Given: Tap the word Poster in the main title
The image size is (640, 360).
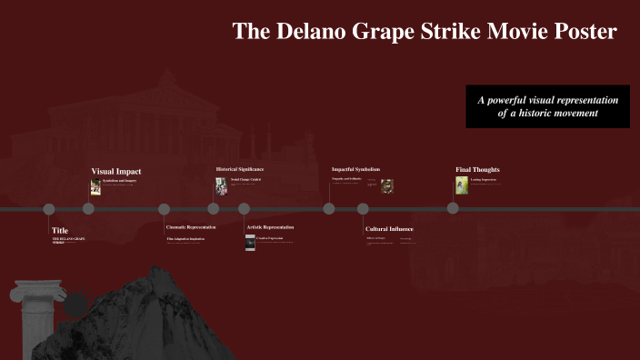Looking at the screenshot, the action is (584, 32).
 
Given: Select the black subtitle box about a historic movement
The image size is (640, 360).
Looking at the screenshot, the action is (547, 106).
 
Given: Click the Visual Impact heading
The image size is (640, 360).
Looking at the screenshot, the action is (116, 171).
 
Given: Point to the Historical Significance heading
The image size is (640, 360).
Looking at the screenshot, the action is (240, 169).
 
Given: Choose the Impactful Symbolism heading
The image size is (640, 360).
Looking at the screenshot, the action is (355, 169).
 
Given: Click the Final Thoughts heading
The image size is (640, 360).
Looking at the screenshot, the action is (477, 169).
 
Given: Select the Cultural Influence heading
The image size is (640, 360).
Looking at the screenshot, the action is (390, 229).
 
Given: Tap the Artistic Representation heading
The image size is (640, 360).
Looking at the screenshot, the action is (271, 226).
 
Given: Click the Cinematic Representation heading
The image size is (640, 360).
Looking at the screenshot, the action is (191, 226).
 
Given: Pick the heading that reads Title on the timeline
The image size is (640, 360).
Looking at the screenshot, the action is (60, 231).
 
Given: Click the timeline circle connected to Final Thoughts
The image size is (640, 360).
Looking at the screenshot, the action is (454, 208).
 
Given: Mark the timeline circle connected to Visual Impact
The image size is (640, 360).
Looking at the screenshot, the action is (88, 208).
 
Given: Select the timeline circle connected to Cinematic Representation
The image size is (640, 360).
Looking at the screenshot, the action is (165, 208).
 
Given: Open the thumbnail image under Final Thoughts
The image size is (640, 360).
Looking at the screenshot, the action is (462, 185).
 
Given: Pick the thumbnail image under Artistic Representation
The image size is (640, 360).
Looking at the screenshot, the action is (250, 242).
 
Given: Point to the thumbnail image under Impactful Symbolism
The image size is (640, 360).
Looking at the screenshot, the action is (387, 185).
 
